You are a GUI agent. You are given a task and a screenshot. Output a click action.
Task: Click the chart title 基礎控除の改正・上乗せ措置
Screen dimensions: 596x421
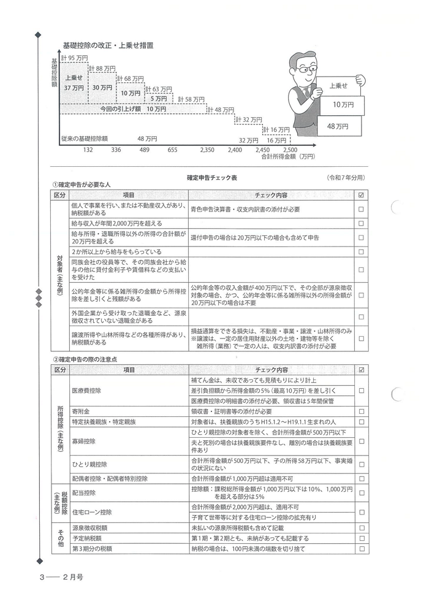point(108,45)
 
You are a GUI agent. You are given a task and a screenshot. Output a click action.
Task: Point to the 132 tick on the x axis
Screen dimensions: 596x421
point(88,149)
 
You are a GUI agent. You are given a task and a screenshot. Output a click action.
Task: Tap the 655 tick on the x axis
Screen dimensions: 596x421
point(172,149)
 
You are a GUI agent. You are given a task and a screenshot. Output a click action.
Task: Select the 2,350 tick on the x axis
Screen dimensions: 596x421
point(207,149)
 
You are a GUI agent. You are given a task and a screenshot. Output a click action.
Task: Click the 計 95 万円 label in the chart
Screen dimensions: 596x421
point(75,58)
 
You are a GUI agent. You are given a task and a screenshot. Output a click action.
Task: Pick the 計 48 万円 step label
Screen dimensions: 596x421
point(221,110)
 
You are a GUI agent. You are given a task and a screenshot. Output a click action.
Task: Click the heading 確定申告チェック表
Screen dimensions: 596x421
point(211,177)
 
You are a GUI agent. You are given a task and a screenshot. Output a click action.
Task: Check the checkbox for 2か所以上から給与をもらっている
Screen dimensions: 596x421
point(361,251)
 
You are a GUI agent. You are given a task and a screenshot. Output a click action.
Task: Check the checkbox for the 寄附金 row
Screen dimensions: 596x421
point(361,412)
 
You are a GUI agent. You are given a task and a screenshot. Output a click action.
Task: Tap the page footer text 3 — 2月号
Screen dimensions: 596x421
point(61,577)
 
